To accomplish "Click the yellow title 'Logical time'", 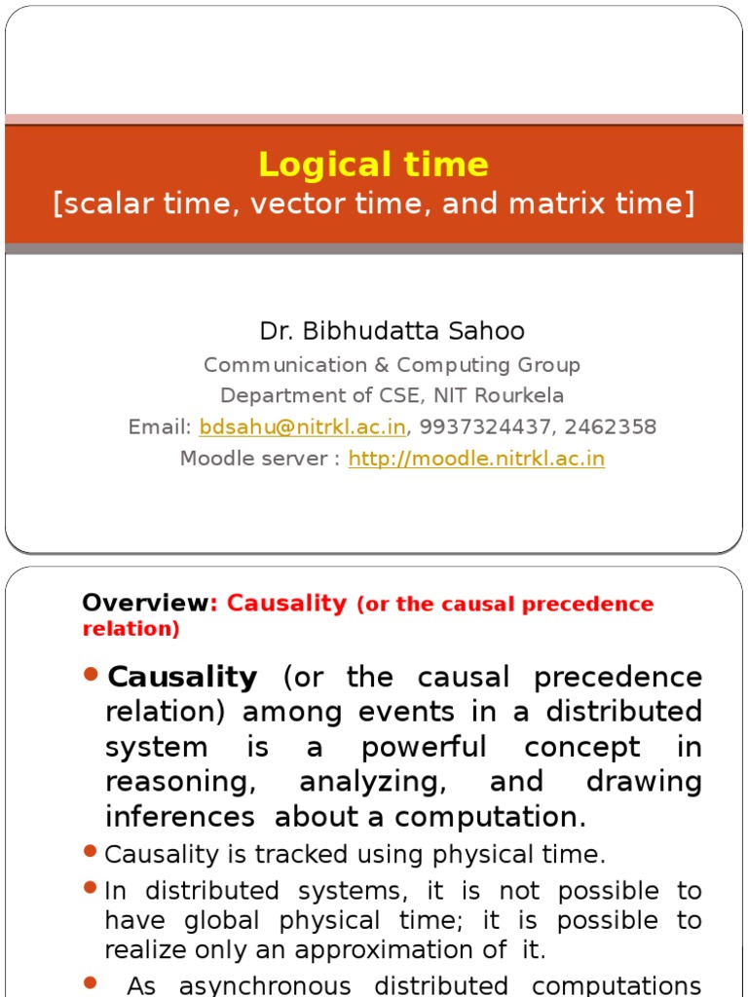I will [x=374, y=165].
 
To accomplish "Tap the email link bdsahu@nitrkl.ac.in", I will [x=302, y=426].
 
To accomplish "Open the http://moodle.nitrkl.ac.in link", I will [x=476, y=459].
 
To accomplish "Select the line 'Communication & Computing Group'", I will [x=392, y=365].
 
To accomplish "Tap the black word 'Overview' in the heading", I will [x=146, y=604].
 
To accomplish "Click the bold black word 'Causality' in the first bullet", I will [x=183, y=677].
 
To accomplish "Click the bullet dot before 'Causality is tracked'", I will [x=92, y=853].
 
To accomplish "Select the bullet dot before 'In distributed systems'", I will [x=92, y=888].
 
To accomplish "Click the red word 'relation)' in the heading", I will [x=131, y=629].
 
